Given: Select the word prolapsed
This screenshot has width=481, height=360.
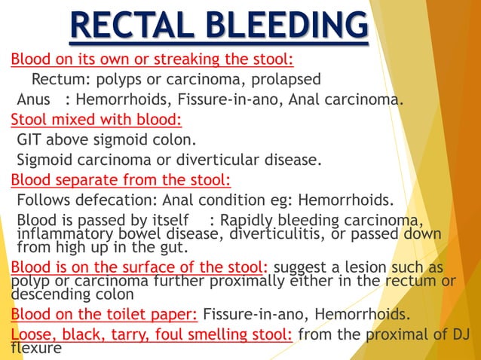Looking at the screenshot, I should [x=285, y=79].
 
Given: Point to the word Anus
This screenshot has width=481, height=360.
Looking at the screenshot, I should [x=34, y=99].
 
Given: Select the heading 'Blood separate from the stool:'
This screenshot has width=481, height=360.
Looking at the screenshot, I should [x=121, y=179].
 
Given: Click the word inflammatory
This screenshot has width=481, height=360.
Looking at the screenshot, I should [x=64, y=232].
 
